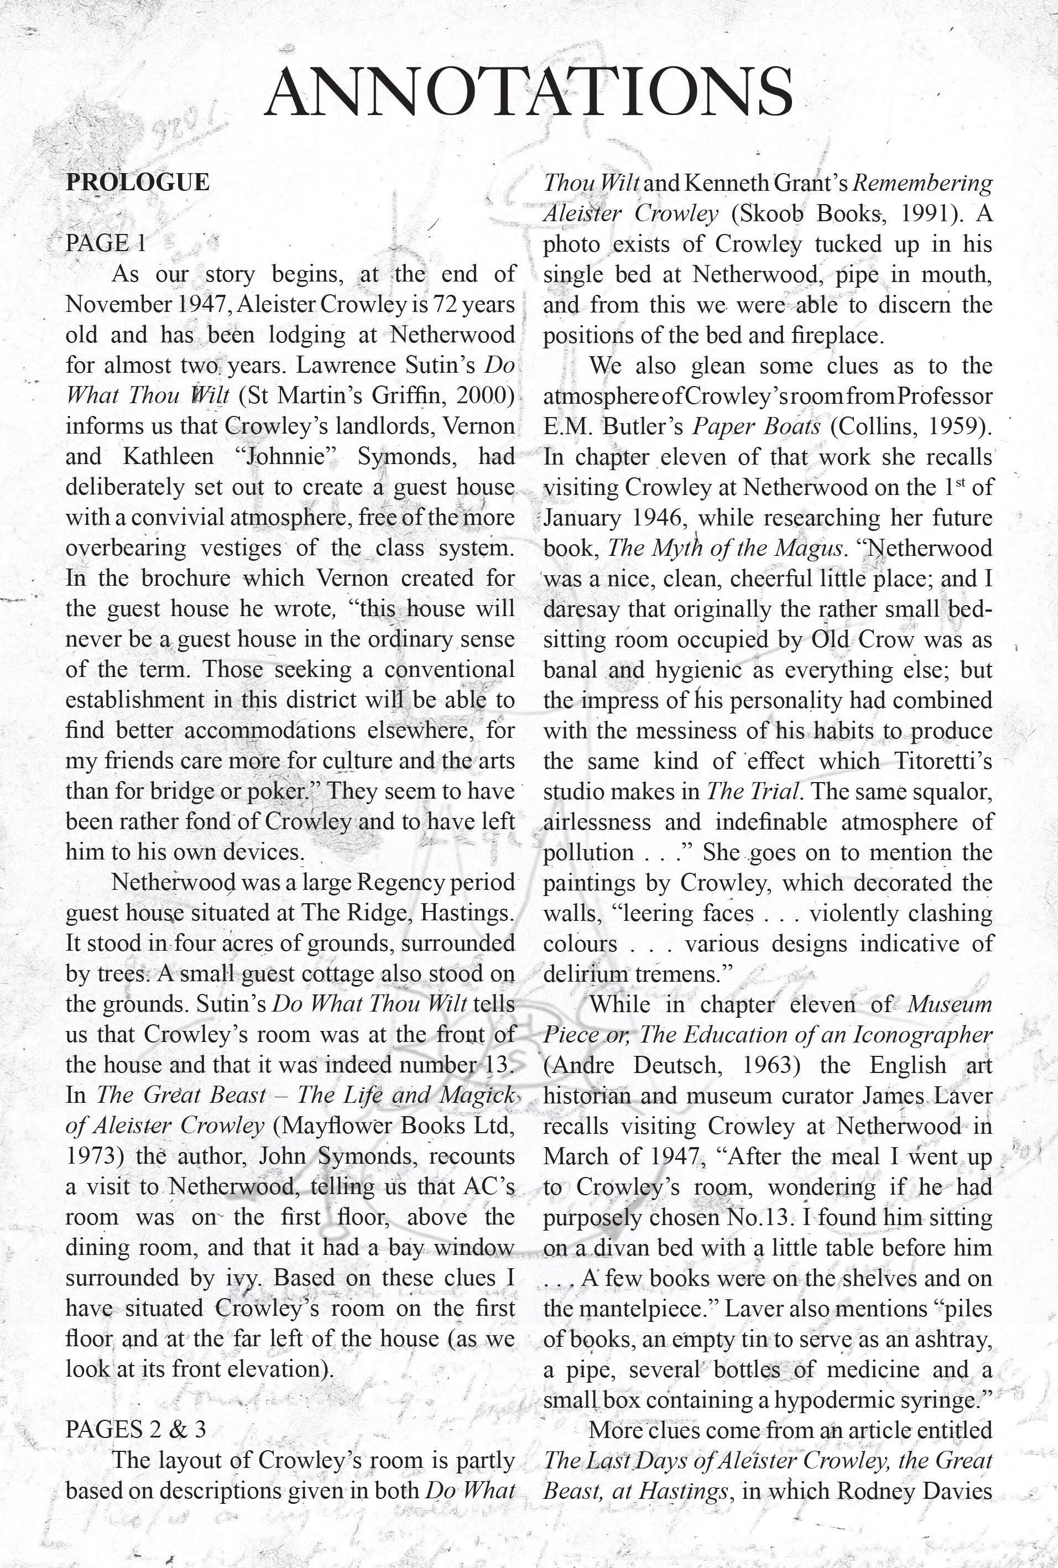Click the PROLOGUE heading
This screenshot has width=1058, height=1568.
coord(138,182)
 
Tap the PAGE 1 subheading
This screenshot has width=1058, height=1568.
coord(106,243)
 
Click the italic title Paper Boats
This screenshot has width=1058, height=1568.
coord(757,426)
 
